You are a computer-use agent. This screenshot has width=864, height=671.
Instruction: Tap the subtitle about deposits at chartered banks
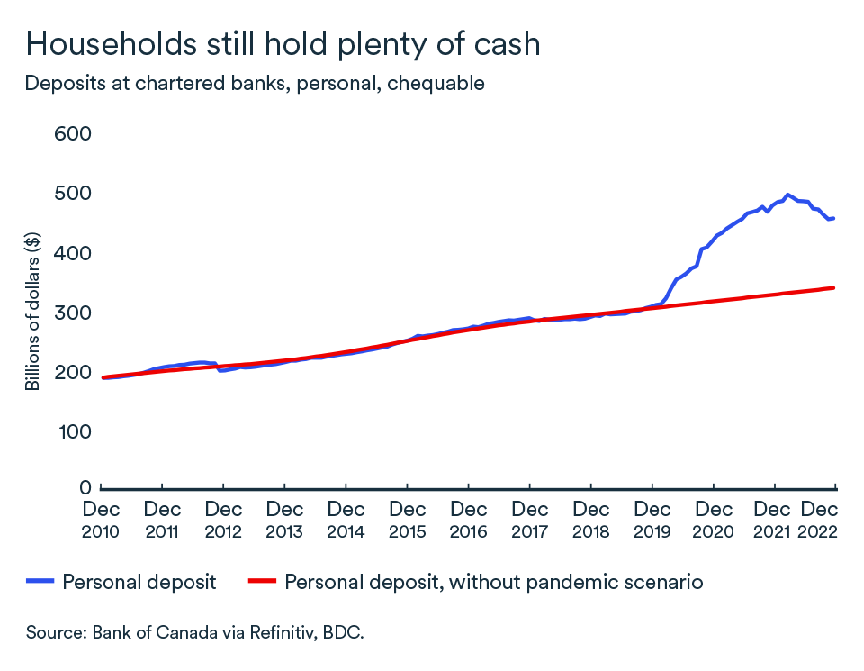[x=255, y=84]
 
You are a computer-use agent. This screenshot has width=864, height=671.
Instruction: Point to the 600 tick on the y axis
[x=75, y=134]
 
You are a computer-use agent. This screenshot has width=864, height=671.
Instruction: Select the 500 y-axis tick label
[x=75, y=194]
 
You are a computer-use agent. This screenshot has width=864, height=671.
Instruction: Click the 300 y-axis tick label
[x=75, y=313]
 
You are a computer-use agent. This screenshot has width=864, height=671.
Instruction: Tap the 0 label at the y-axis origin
[x=86, y=487]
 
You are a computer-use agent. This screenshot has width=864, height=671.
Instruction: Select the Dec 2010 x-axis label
[x=101, y=521]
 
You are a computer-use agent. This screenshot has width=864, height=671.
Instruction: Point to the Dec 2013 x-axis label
[x=284, y=521]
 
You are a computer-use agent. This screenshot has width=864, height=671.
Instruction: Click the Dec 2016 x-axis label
[x=468, y=521]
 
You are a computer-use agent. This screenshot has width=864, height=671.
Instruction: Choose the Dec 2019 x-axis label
[x=652, y=521]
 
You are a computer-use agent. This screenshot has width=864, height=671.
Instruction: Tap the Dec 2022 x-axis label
[x=819, y=521]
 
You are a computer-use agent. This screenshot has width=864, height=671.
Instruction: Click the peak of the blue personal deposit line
[x=787, y=195]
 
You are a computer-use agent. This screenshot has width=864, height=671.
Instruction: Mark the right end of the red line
[x=834, y=288]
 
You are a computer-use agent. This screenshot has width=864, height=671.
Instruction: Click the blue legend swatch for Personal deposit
[x=40, y=582]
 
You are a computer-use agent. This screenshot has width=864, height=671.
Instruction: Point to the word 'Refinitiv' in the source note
[x=271, y=632]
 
